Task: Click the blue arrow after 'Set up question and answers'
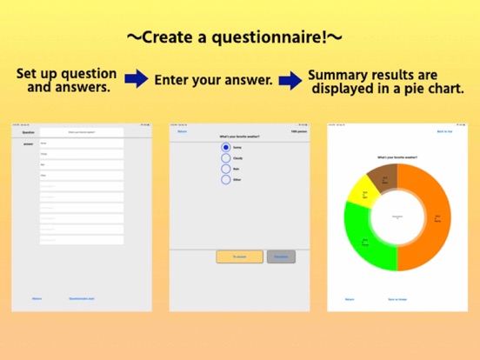click(x=136, y=80)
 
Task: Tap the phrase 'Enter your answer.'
click(x=214, y=80)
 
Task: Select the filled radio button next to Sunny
click(x=226, y=147)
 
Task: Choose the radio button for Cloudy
click(x=226, y=158)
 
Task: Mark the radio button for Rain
click(x=226, y=169)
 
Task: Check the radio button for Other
click(x=226, y=179)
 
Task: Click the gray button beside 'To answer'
click(x=282, y=257)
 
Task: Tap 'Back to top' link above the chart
click(x=444, y=132)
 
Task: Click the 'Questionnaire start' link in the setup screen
click(x=82, y=298)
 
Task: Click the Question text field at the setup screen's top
click(x=82, y=132)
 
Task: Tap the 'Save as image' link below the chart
click(x=397, y=298)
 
